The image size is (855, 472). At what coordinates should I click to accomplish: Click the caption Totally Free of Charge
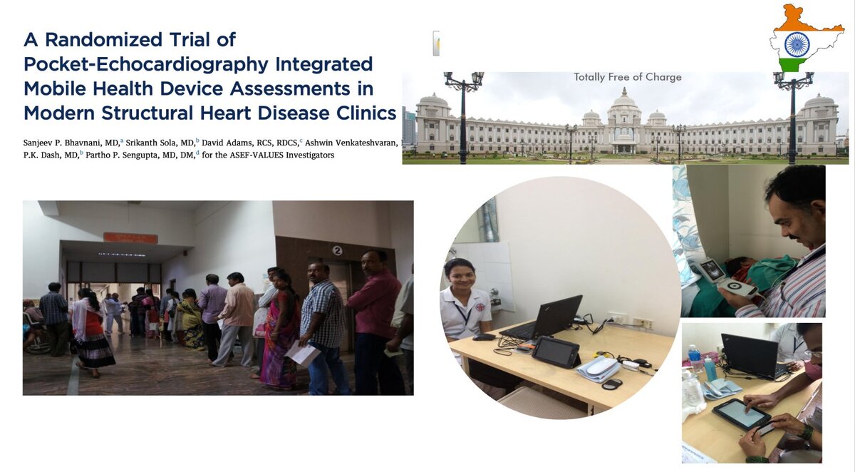(x=627, y=77)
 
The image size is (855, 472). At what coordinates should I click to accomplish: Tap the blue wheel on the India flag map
(x=797, y=44)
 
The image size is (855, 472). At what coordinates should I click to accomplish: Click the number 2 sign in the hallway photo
(x=337, y=250)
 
